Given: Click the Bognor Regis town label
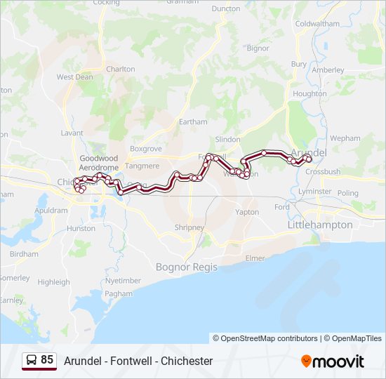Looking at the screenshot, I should pyautogui.click(x=185, y=267).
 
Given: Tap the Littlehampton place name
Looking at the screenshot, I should pyautogui.click(x=320, y=225).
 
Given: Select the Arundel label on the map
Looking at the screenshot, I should pyautogui.click(x=308, y=152).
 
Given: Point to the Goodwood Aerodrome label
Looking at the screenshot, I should pyautogui.click(x=98, y=164).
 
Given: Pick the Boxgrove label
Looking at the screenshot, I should pyautogui.click(x=145, y=149).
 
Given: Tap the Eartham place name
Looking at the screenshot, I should pyautogui.click(x=193, y=121).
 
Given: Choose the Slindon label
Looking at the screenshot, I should pyautogui.click(x=227, y=140).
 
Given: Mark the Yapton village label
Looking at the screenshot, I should pyautogui.click(x=247, y=212).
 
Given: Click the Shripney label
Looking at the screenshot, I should pyautogui.click(x=189, y=227).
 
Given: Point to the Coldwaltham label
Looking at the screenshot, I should pyautogui.click(x=318, y=23).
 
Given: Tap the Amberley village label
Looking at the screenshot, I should pyautogui.click(x=328, y=70).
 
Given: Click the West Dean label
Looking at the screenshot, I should pyautogui.click(x=74, y=77).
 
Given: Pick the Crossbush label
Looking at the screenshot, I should pyautogui.click(x=323, y=171).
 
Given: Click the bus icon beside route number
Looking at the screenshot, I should pyautogui.click(x=32, y=361).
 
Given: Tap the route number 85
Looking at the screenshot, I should pyautogui.click(x=47, y=360).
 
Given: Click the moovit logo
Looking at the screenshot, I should pyautogui.click(x=333, y=361).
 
